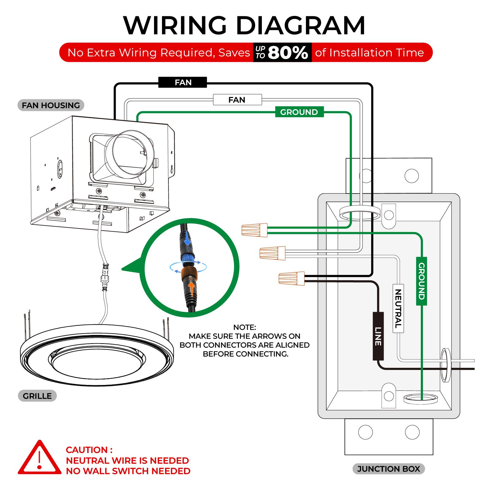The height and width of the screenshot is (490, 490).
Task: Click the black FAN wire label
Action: (183, 82)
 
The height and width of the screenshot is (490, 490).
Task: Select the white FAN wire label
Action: (237, 100)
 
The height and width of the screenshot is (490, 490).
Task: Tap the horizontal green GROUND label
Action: (299, 112)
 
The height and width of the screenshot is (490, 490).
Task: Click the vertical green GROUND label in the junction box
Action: (421, 281)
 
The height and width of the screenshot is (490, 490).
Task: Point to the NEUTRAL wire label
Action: (398, 308)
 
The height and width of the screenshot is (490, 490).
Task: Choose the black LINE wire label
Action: (378, 336)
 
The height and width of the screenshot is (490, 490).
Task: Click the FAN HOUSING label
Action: (51, 105)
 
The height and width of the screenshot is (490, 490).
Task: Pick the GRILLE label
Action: (37, 396)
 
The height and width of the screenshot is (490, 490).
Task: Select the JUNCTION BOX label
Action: (388, 469)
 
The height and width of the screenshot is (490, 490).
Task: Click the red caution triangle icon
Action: (39, 458)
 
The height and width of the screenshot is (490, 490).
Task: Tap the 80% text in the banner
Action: (288, 53)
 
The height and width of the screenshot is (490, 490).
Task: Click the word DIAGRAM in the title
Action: (300, 25)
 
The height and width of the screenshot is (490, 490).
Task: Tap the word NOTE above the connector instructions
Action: (244, 327)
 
